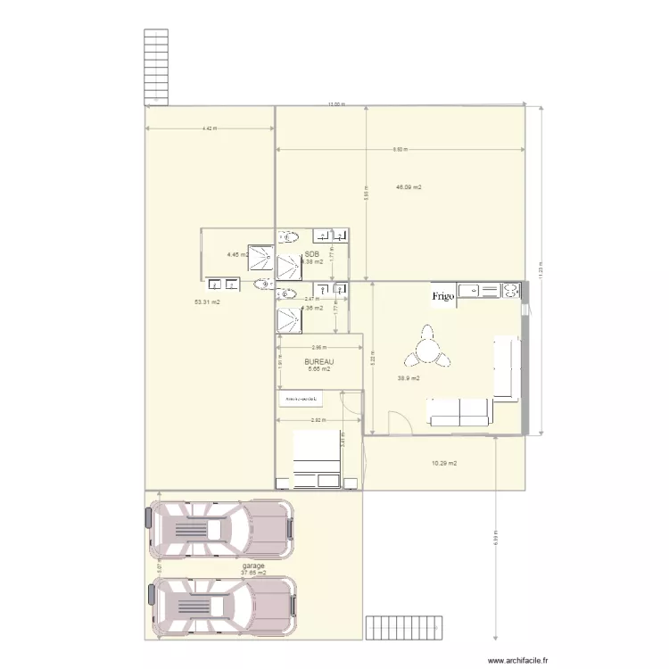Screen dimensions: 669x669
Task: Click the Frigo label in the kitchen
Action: (x=444, y=295)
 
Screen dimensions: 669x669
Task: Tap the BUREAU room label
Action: (x=318, y=361)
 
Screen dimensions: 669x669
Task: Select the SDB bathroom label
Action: (x=312, y=254)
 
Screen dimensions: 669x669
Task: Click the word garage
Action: (x=253, y=566)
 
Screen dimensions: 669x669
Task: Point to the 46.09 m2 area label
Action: (x=409, y=187)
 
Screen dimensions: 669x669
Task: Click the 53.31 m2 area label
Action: (x=207, y=302)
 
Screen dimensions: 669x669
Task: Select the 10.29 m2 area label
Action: (x=444, y=463)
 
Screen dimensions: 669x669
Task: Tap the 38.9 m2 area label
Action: (x=409, y=378)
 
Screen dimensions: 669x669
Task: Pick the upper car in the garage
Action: (x=219, y=527)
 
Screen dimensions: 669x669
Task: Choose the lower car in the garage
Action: (x=219, y=607)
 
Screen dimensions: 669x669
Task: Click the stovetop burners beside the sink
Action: (x=512, y=290)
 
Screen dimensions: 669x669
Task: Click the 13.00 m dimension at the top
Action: (x=334, y=105)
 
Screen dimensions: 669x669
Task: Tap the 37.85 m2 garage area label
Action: (x=253, y=573)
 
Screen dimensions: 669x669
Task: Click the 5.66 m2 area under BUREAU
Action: (x=318, y=369)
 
